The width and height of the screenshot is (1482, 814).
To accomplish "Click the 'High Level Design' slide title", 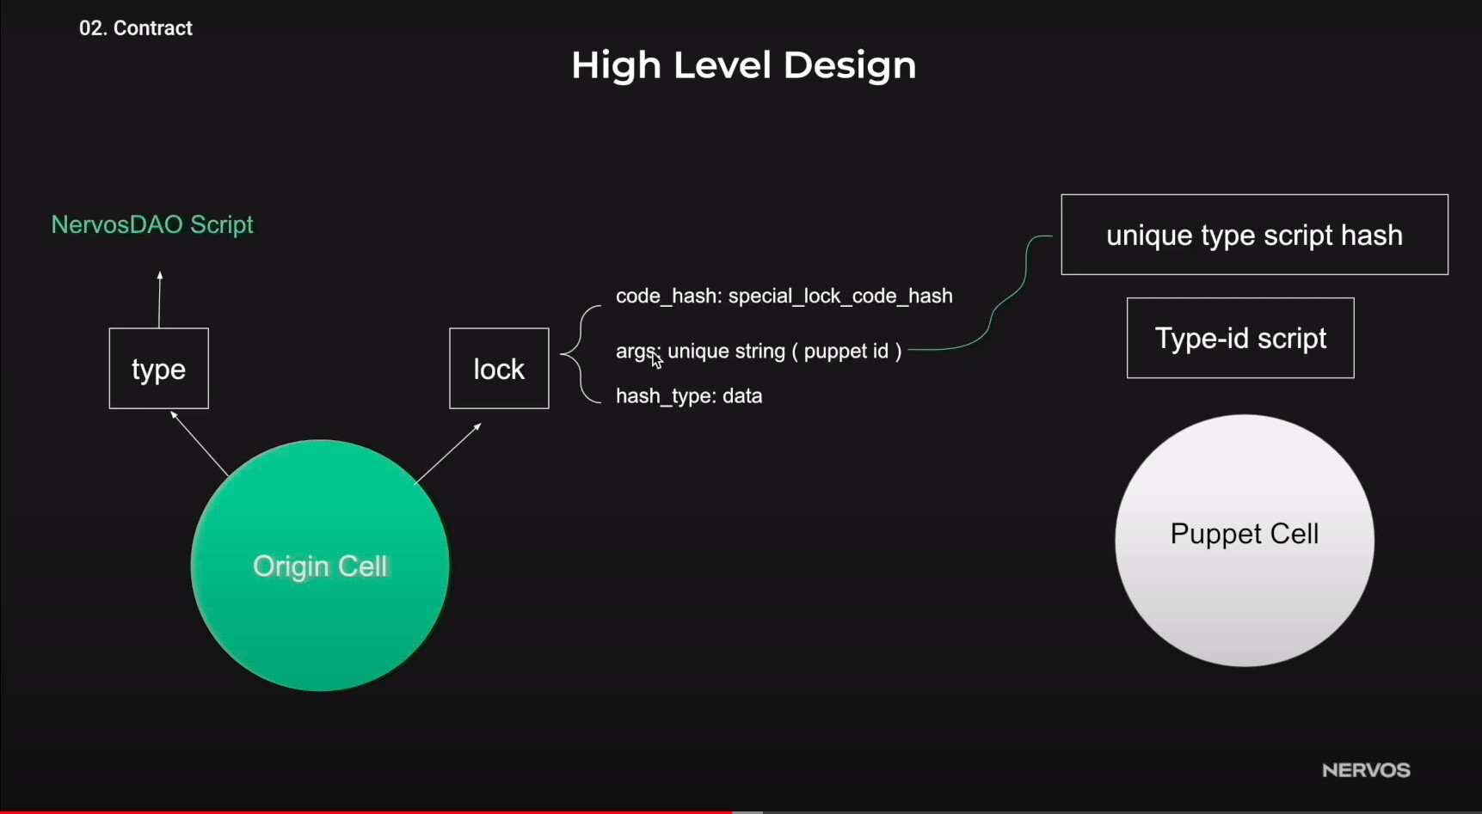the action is [x=744, y=65].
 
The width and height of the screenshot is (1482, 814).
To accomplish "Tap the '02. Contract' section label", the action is [x=136, y=28].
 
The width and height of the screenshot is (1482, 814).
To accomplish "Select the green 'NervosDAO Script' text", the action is [x=152, y=224].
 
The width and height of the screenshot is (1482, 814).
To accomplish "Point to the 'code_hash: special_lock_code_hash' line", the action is [x=784, y=296].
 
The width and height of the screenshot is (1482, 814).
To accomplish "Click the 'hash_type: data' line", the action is [x=689, y=395].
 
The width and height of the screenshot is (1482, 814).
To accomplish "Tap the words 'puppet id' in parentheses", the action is [x=846, y=351].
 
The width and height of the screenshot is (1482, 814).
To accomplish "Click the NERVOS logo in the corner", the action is [x=1366, y=770].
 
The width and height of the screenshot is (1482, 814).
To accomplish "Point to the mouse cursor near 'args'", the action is [x=656, y=359].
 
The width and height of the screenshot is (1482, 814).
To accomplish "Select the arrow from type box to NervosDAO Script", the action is [x=159, y=299].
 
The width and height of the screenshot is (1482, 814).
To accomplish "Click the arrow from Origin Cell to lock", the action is [x=448, y=453].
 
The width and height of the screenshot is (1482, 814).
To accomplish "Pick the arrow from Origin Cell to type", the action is [x=200, y=444].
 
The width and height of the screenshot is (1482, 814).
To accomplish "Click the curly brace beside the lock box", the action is [x=581, y=353].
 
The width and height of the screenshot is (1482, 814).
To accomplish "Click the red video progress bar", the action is [x=366, y=811].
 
